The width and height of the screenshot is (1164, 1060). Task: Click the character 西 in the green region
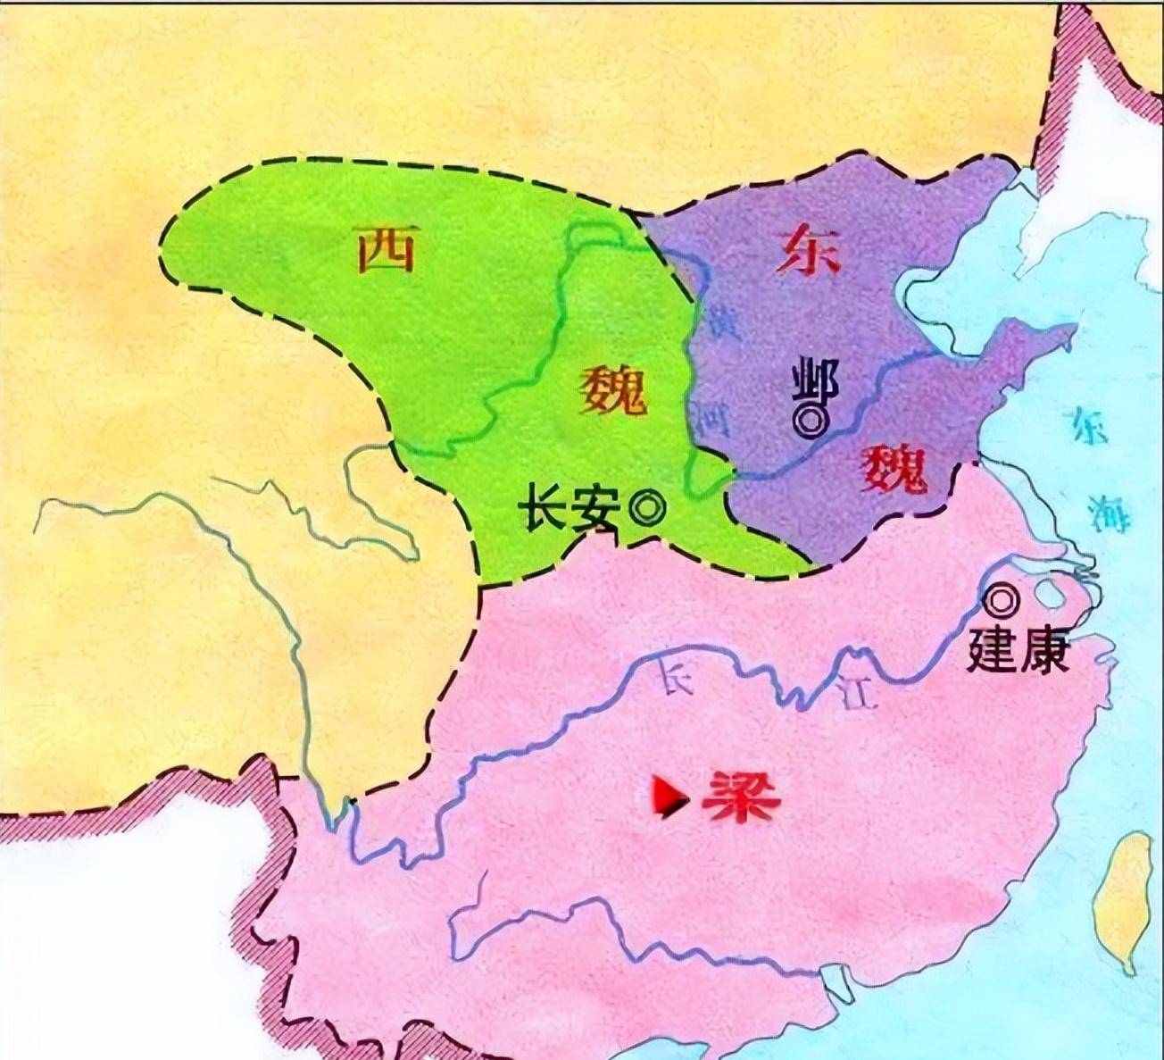386,248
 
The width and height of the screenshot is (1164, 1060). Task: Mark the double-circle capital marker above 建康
1003,601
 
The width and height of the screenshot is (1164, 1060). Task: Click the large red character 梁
741,798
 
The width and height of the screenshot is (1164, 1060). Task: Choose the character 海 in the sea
1109,513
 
